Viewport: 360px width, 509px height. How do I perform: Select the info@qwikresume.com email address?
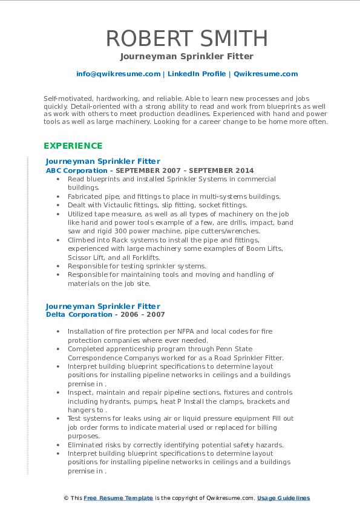pos(118,74)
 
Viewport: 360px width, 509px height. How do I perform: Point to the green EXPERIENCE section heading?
pos(73,146)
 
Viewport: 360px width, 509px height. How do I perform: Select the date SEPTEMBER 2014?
pos(224,170)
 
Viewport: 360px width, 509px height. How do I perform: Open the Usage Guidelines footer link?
pos(283,498)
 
